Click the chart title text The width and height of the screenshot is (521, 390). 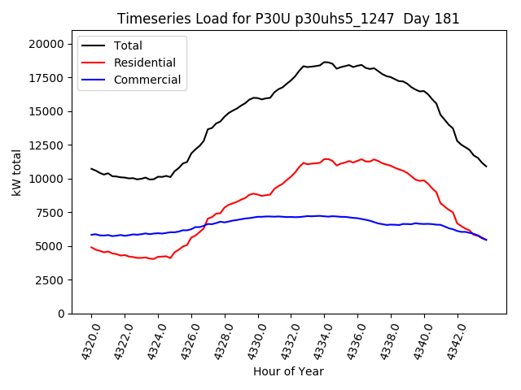click(288, 19)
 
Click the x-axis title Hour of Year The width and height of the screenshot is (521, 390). click(288, 372)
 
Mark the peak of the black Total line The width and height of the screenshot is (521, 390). click(326, 62)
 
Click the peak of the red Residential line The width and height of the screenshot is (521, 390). click(326, 159)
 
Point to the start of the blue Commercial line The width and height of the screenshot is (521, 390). click(91, 235)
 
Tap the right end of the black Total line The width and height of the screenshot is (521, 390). click(486, 167)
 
